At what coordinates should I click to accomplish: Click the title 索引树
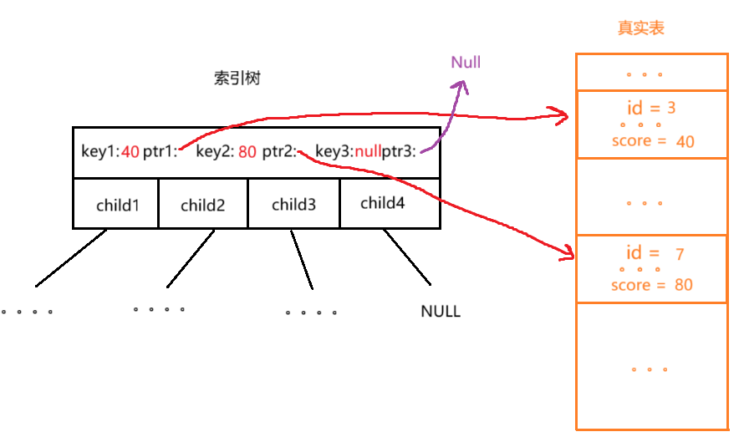237,79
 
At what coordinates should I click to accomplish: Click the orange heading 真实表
641,28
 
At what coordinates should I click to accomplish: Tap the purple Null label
466,62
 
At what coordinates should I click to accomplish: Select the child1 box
117,204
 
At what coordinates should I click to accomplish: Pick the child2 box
203,204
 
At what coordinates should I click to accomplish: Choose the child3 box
293,204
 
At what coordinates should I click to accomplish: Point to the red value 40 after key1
130,152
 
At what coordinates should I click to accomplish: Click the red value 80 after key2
247,152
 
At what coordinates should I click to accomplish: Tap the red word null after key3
368,152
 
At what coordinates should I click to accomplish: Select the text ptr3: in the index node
399,152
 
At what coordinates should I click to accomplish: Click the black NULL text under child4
441,312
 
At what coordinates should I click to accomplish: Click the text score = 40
653,141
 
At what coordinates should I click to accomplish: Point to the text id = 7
655,253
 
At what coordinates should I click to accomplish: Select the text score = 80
651,285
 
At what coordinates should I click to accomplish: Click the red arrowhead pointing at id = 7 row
563,252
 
